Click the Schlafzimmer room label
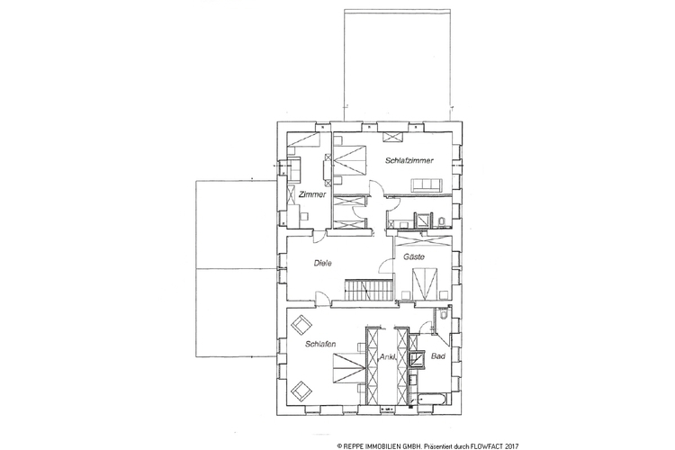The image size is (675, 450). [409, 160]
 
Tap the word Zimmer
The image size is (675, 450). [312, 194]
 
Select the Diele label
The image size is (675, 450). [323, 263]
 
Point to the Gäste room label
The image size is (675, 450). [414, 257]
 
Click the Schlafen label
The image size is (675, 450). [320, 344]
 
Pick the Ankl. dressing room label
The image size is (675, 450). [388, 357]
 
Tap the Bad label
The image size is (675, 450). [438, 356]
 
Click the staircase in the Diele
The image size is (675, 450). [369, 290]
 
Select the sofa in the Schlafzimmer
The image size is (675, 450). [427, 185]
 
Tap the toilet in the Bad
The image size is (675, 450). [445, 316]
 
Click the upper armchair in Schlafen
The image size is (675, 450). [301, 324]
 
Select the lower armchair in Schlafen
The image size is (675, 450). [301, 390]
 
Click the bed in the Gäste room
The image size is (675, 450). [425, 283]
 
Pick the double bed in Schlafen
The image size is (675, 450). [348, 368]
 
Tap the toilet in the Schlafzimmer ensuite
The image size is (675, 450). [441, 221]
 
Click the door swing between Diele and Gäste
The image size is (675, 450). [387, 266]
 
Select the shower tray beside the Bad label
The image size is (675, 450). [417, 360]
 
